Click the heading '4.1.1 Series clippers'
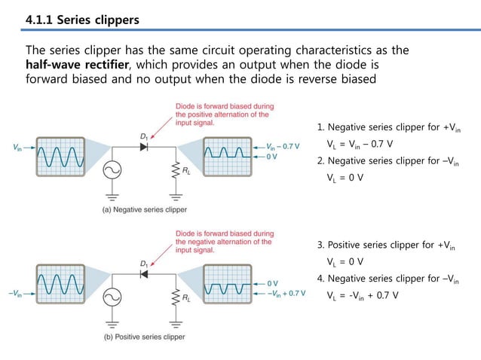tap(83, 17)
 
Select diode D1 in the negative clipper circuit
tap(142, 147)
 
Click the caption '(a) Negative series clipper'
tap(145, 209)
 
